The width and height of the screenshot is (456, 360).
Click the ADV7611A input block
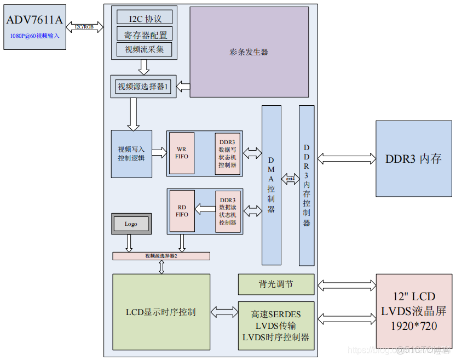coord(34,27)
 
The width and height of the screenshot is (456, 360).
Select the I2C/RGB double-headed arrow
coord(84,27)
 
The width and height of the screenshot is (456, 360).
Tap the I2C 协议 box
coord(145,18)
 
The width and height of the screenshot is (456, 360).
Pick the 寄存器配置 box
coord(145,34)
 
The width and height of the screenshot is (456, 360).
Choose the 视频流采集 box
coord(145,50)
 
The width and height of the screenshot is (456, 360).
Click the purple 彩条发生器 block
coord(249,52)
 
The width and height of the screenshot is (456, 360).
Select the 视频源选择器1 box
coord(143,87)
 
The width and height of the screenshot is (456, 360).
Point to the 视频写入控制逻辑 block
coord(131,154)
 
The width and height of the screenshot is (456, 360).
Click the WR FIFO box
coord(181,153)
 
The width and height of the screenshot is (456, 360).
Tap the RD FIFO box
coord(182,211)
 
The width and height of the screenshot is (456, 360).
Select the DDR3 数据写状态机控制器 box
coord(227,153)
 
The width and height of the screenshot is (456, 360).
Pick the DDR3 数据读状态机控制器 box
coord(227,211)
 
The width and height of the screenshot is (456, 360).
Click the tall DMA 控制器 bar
coord(272,185)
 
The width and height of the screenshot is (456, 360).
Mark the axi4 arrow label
coord(290,179)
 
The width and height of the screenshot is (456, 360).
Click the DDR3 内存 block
coord(414,159)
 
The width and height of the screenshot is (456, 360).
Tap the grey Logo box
coord(131,224)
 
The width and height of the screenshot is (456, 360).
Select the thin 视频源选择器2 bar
coord(161,256)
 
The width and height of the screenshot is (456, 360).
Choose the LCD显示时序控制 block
coord(161,312)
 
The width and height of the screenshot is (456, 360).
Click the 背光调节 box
coord(276,284)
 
